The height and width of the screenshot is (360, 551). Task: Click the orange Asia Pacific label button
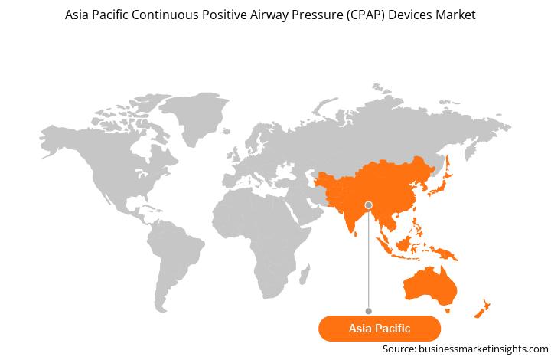tap(379, 329)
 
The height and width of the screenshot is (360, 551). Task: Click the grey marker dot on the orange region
tap(369, 205)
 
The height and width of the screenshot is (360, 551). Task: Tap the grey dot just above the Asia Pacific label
tap(369, 311)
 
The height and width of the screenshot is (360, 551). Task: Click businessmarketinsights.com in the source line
tap(483, 349)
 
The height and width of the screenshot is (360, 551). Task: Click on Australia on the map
tap(430, 286)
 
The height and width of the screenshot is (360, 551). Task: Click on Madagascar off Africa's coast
tap(305, 275)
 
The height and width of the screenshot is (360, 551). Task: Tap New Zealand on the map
tap(482, 309)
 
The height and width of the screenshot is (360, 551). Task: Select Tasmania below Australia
tap(448, 311)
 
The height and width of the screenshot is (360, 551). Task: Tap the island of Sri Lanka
tap(356, 234)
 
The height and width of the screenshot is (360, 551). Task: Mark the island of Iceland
tap(227, 131)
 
